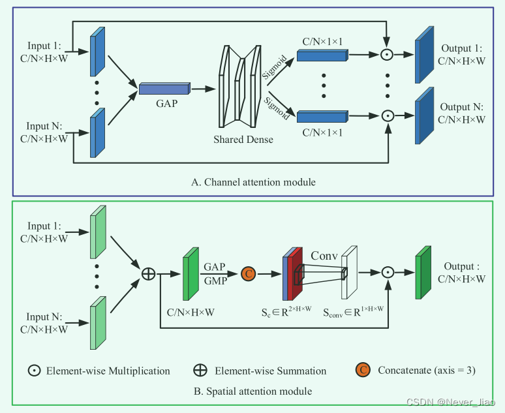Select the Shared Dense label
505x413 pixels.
pyautogui.click(x=243, y=140)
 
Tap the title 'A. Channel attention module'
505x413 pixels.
pyautogui.click(x=253, y=182)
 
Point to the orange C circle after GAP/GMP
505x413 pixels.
pyautogui.click(x=248, y=273)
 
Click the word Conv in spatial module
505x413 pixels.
pyautogui.click(x=324, y=255)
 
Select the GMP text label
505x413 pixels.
pyautogui.click(x=215, y=280)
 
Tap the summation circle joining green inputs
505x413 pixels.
pyautogui.click(x=148, y=273)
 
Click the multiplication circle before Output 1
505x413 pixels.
pyautogui.click(x=388, y=55)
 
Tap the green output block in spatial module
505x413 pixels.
pyautogui.click(x=423, y=272)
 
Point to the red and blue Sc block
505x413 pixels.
pyautogui.click(x=293, y=273)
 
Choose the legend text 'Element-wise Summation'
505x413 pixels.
pyautogui.click(x=269, y=371)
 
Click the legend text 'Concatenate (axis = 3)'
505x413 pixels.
pyautogui.click(x=427, y=371)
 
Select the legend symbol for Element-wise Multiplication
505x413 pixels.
pyautogui.click(x=34, y=371)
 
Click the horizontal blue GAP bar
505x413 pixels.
pyautogui.click(x=164, y=89)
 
